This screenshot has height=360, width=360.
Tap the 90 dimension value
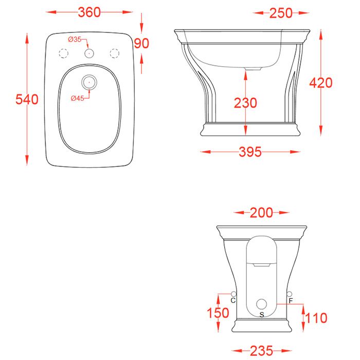tap(141, 43)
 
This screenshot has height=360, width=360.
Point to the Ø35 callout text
tap(75, 39)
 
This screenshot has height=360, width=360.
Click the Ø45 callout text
tap(77, 98)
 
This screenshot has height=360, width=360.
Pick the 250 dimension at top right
tap(281, 13)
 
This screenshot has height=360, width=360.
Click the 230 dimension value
tap(245, 103)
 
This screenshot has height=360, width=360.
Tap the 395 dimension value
tap(250, 152)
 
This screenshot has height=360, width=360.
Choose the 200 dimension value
tap(262, 212)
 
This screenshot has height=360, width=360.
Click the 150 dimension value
tap(219, 313)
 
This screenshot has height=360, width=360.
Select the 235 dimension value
tap(262, 351)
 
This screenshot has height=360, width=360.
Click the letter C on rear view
tap(233, 300)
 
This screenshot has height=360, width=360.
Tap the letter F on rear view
tap(291, 300)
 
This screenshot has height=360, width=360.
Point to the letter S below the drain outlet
tap(262, 314)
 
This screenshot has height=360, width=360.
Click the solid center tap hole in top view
tap(89, 53)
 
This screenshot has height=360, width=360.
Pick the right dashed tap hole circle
tap(115, 53)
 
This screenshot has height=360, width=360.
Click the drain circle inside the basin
tap(89, 81)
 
